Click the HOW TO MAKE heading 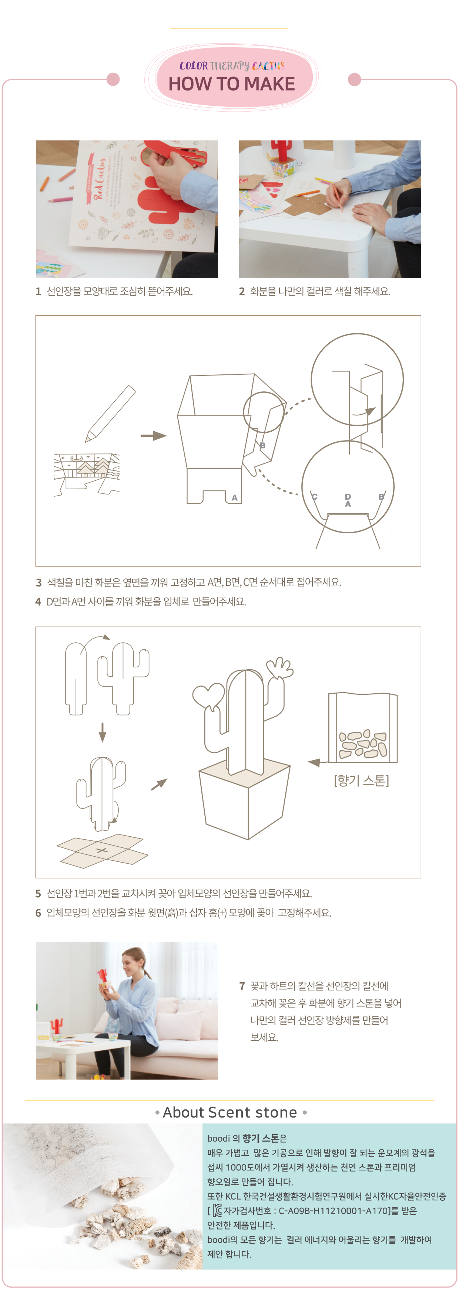[x=231, y=84]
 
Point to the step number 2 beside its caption [x=242, y=291]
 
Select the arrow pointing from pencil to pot [x=154, y=435]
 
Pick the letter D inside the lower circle [x=348, y=496]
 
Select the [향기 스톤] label [x=361, y=780]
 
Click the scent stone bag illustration [x=363, y=728]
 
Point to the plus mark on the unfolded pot [x=102, y=850]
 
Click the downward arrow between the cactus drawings [x=102, y=732]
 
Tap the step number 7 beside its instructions [x=242, y=986]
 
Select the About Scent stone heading [x=229, y=1112]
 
